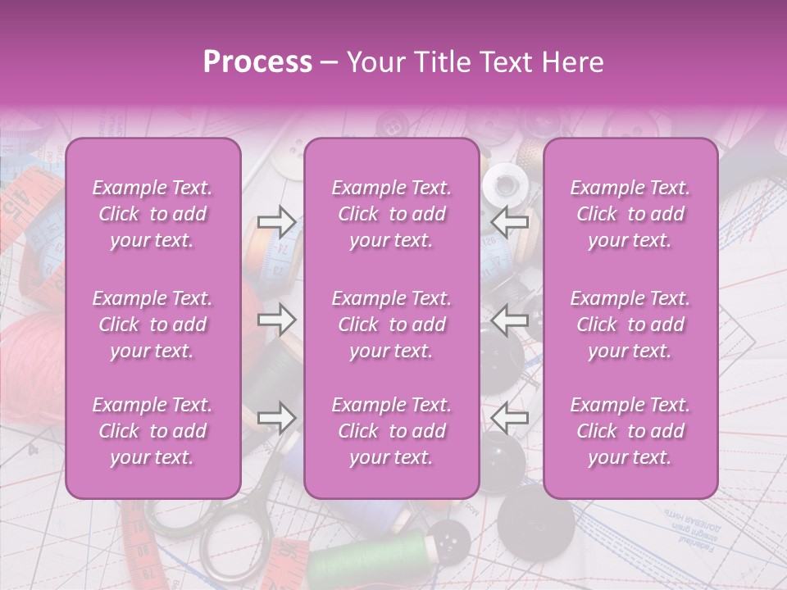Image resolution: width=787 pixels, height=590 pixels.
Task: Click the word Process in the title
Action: (x=257, y=62)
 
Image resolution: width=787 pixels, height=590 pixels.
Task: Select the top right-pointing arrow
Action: (x=277, y=220)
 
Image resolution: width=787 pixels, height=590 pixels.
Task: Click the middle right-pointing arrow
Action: (x=277, y=319)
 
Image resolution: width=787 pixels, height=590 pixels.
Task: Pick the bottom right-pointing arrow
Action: (x=277, y=417)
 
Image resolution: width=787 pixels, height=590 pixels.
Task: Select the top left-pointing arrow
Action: (x=510, y=220)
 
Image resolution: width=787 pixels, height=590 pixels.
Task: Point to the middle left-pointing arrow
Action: (x=510, y=319)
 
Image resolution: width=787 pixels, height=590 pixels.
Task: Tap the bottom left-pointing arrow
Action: (x=510, y=417)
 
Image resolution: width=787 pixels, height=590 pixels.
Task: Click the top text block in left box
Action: (x=152, y=214)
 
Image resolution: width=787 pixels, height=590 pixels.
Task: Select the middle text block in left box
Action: (x=152, y=324)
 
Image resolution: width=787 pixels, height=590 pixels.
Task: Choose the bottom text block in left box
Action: (x=152, y=431)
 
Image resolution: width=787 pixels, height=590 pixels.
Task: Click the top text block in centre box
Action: (x=392, y=214)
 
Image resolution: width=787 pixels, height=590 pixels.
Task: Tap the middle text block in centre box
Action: (x=392, y=324)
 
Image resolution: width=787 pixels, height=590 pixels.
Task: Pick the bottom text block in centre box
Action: (x=392, y=431)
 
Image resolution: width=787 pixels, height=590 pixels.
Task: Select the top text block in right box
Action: (x=630, y=214)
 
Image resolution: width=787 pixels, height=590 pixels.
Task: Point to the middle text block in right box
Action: (x=630, y=324)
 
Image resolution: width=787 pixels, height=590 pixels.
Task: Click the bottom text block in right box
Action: (x=630, y=431)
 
